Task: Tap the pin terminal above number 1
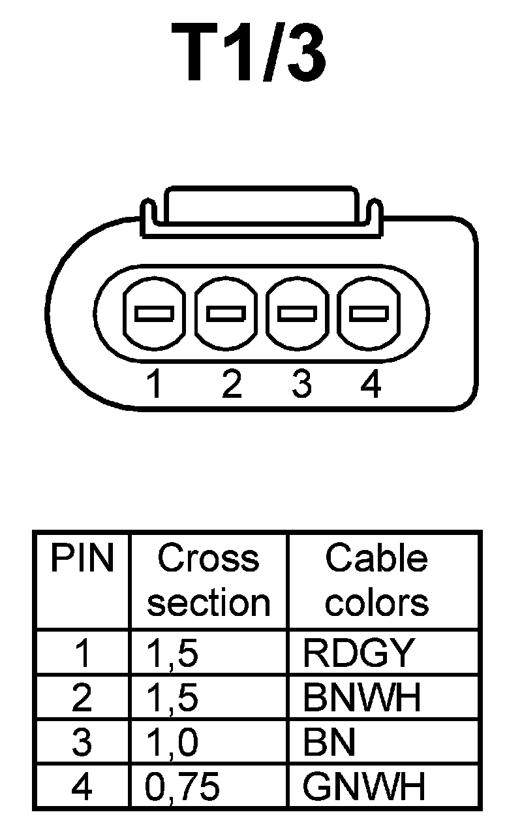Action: [x=154, y=314]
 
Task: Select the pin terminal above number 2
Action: [x=226, y=314]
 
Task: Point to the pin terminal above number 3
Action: [x=298, y=314]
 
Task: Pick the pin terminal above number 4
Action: [x=369, y=314]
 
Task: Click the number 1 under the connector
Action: [x=154, y=385]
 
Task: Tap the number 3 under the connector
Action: [x=301, y=385]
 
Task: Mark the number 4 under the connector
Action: [x=370, y=385]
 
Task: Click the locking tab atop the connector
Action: [x=260, y=208]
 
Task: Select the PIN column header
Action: [x=82, y=559]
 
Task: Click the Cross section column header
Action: [x=208, y=581]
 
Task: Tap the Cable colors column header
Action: [x=376, y=581]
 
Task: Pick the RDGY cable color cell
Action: [x=358, y=653]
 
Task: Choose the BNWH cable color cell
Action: [x=363, y=698]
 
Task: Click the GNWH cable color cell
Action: [x=364, y=786]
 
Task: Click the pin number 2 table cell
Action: [x=82, y=698]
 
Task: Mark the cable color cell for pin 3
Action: [x=330, y=743]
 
